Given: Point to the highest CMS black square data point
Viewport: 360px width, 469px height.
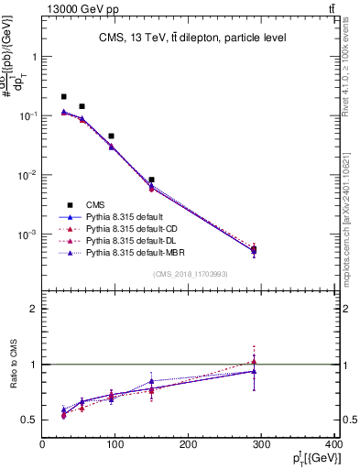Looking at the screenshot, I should pyautogui.click(x=63, y=96).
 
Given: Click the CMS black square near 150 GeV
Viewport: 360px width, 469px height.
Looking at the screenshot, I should pyautogui.click(x=151, y=180).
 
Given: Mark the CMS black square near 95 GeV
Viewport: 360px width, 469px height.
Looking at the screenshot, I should pyautogui.click(x=111, y=136).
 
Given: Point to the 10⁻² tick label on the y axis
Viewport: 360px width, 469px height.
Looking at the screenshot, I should pyautogui.click(x=29, y=175).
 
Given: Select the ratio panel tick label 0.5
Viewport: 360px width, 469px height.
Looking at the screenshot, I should pyautogui.click(x=30, y=420).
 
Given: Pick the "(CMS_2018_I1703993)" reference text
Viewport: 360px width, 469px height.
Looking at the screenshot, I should pyautogui.click(x=191, y=274).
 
